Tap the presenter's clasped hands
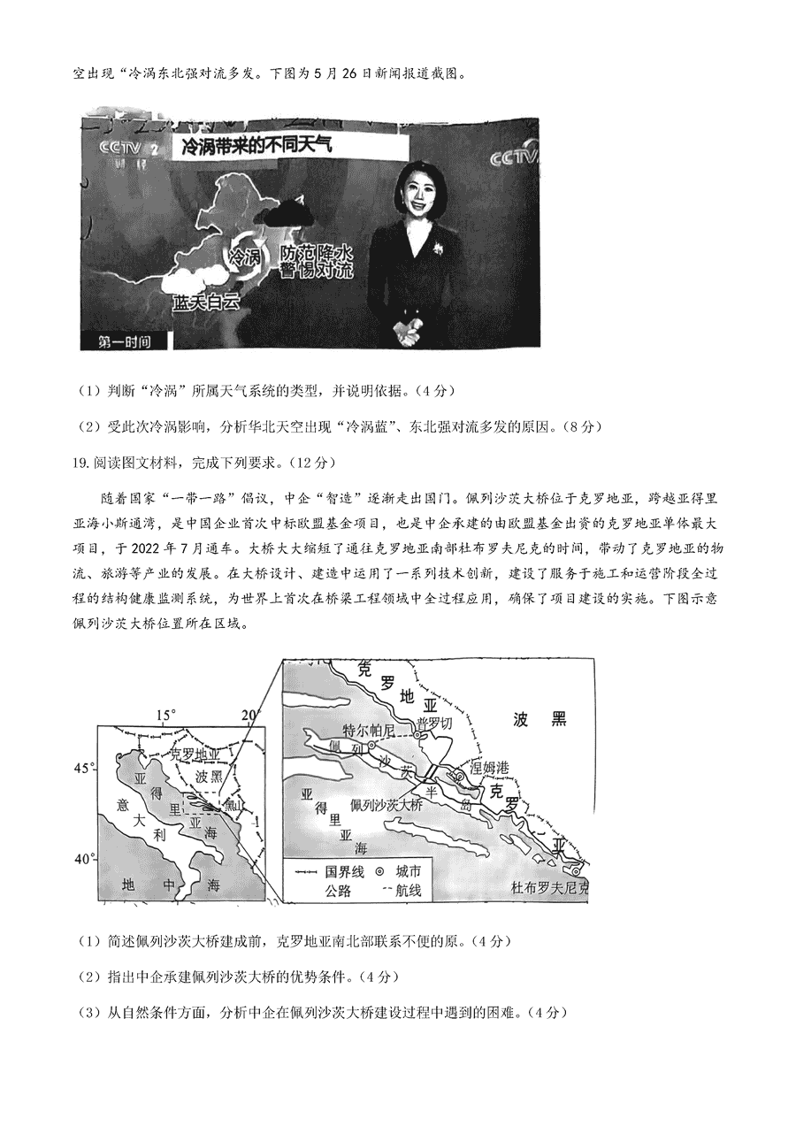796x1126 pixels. [409, 332]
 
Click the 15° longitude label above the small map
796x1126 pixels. [166, 715]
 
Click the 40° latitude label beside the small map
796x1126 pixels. [83, 859]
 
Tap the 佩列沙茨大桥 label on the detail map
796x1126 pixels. [387, 806]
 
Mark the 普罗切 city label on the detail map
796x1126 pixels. [434, 723]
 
